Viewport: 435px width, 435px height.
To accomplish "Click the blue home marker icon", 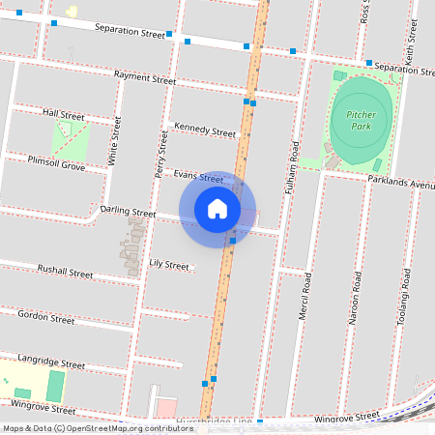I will tap(217, 209).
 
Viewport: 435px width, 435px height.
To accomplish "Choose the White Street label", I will tap(115, 141).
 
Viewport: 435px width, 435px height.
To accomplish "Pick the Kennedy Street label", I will tap(204, 130).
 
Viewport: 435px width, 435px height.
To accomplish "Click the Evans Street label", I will tap(199, 176).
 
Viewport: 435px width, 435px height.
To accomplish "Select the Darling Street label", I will tap(128, 211).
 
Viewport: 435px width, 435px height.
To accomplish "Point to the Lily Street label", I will tap(169, 264).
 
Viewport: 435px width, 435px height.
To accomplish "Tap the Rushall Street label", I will tap(65, 272).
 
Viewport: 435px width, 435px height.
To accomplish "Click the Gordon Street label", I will tap(46, 317).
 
